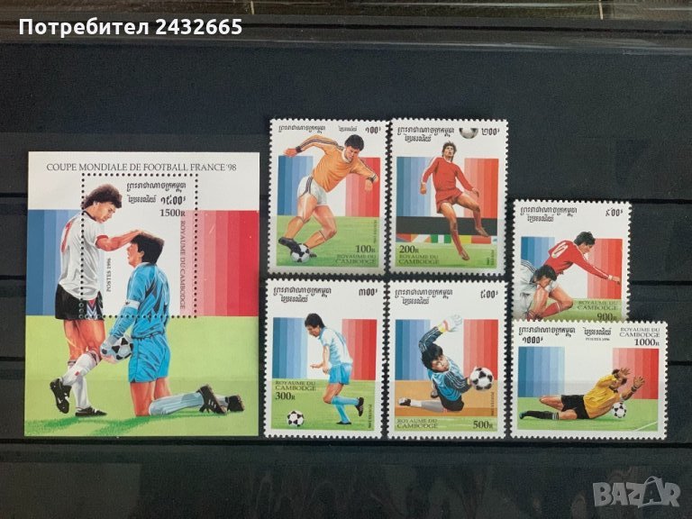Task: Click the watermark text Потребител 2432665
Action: [131, 27]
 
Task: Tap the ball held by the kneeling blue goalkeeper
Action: [119, 347]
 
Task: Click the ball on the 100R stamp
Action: [301, 254]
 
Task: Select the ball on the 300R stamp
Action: [295, 417]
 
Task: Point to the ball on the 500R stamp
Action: [481, 378]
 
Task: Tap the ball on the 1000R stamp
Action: [619, 410]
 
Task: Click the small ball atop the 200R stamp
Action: [467, 132]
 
